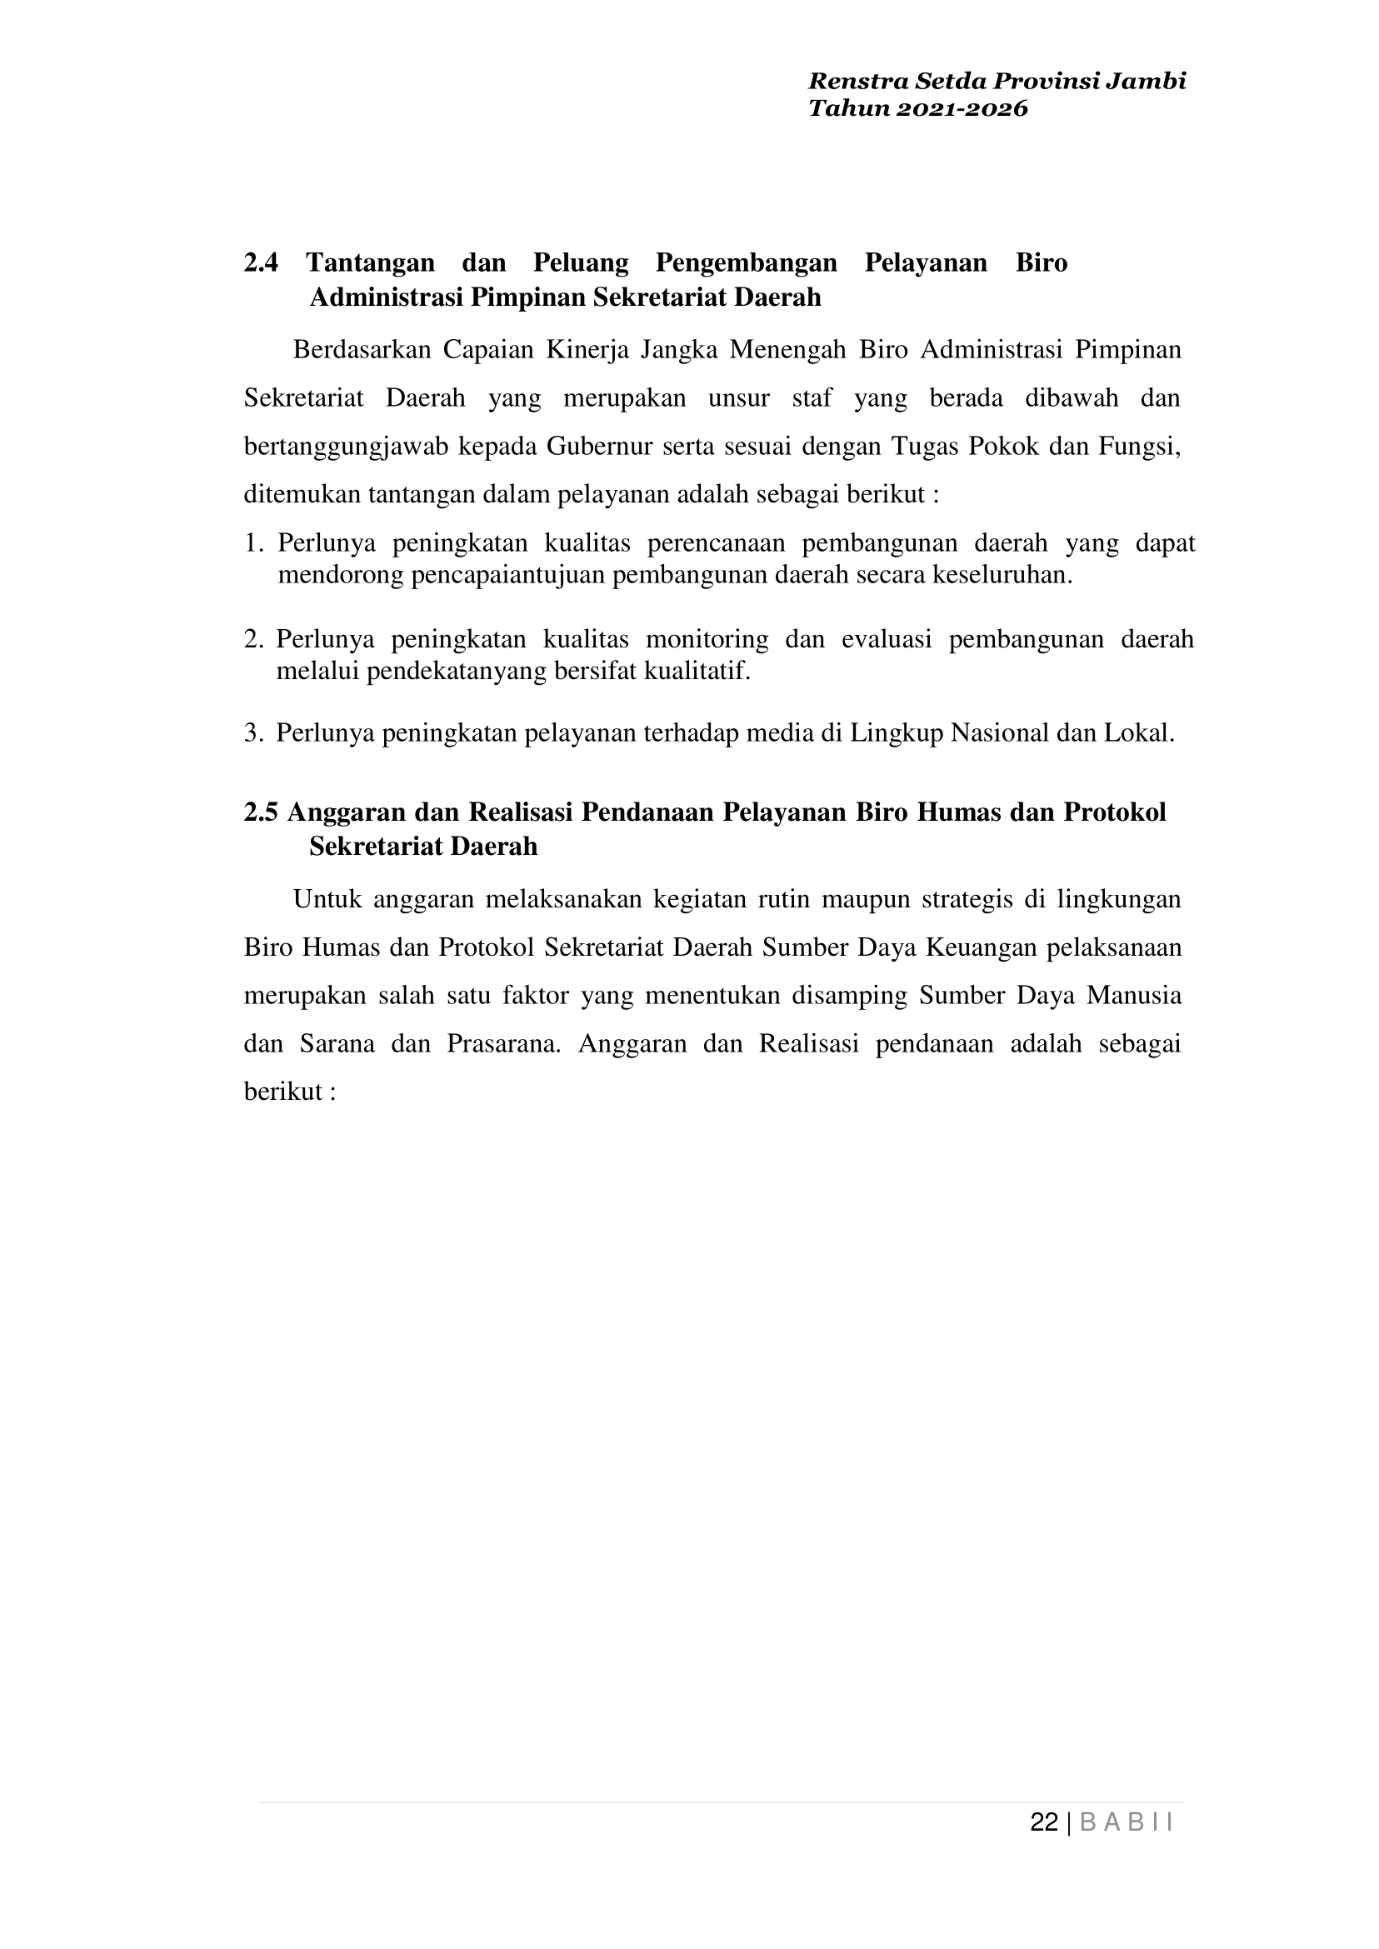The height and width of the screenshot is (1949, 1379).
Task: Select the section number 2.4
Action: (x=261, y=263)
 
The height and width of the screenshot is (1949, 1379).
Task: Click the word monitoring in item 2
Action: (x=707, y=638)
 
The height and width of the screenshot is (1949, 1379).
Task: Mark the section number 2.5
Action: (x=261, y=812)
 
